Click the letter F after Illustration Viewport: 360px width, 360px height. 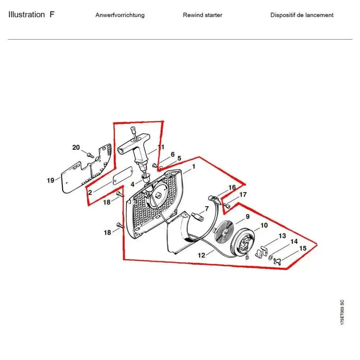click(x=52, y=15)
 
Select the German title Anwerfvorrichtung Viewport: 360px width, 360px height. click(x=120, y=15)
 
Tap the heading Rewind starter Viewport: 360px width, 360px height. click(x=202, y=15)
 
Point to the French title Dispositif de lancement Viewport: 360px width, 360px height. click(x=302, y=15)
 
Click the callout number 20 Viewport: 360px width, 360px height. click(x=76, y=147)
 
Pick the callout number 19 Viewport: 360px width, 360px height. click(x=50, y=180)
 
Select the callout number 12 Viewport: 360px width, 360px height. click(x=201, y=255)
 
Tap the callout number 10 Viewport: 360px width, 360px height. click(x=264, y=225)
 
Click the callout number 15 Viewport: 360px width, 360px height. click(x=303, y=248)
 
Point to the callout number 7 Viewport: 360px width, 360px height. click(x=207, y=208)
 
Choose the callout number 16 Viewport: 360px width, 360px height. click(x=232, y=187)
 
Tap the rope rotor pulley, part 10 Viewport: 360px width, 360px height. click(x=245, y=243)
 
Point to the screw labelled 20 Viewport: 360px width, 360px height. click(x=90, y=155)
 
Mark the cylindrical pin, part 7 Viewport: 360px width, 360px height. click(x=197, y=217)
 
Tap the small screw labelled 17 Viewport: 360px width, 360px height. click(x=227, y=205)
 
